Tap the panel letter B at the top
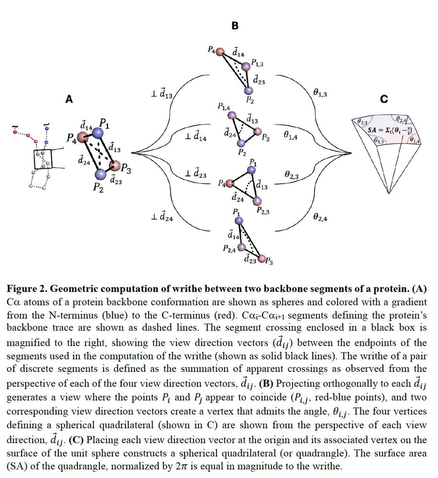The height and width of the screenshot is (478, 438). pos(235,26)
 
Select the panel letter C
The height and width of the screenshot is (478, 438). pos(384,99)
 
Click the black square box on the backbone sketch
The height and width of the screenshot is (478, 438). pos(43,160)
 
